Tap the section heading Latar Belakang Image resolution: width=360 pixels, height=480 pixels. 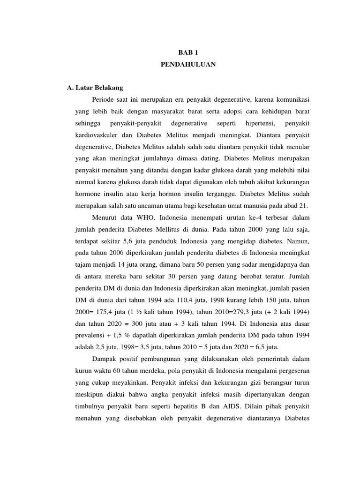coord(98,88)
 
